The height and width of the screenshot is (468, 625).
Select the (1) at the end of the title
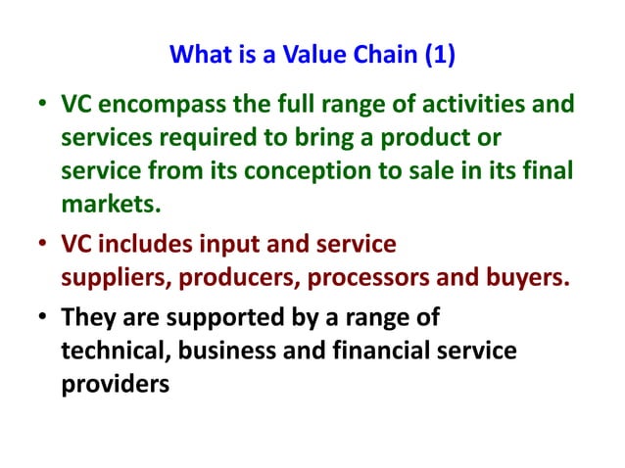(439, 55)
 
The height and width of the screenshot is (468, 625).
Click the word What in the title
(200, 55)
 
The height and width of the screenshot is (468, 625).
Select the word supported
(230, 318)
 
